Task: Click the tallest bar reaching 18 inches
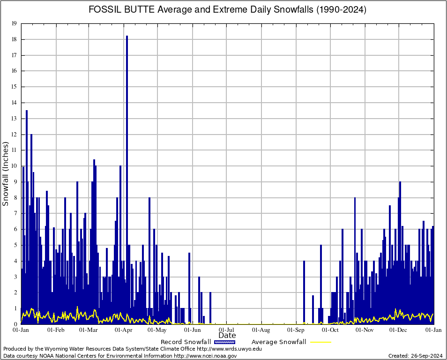click(127, 141)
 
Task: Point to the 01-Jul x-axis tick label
click(227, 330)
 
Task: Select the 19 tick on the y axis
click(14, 23)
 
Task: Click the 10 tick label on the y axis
click(14, 166)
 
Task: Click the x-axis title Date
click(227, 336)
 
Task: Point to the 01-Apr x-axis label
click(124, 330)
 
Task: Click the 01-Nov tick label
click(365, 330)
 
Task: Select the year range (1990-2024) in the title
click(341, 10)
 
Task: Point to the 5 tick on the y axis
click(15, 245)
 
